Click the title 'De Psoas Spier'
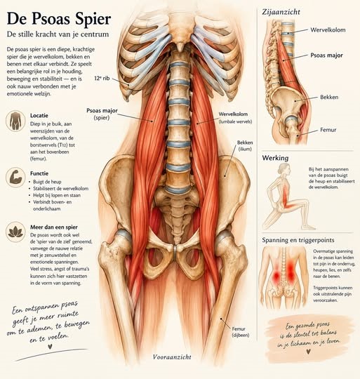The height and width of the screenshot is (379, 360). point(59,18)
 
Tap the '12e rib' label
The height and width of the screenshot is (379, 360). point(102,78)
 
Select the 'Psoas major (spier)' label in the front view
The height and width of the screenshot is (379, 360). point(102,114)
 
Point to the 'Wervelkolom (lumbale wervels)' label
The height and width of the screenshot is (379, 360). point(235,117)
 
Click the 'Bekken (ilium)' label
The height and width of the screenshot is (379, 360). point(245,146)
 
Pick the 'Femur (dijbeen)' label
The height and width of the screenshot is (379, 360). point(239,332)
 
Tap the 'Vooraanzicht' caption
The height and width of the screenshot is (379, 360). point(172,357)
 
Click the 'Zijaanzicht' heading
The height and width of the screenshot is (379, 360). point(281,12)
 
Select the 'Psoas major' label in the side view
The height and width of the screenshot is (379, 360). point(326,55)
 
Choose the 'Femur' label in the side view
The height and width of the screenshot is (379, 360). point(328,130)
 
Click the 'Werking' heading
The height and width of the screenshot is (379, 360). point(275,158)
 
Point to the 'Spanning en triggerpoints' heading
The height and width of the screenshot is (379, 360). point(298,240)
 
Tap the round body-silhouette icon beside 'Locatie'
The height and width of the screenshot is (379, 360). point(15,121)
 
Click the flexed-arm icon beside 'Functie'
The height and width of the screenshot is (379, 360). point(15,178)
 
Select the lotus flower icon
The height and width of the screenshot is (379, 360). point(15,232)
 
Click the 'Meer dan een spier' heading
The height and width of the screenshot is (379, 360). point(54,227)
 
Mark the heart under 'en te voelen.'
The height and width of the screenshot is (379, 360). point(50,347)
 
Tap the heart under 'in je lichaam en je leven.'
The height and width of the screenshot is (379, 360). point(308,352)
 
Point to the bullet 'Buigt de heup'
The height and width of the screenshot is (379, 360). point(45,182)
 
